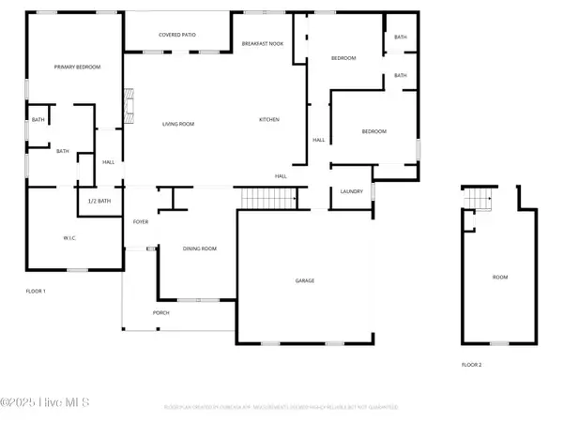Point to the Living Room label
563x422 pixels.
177,123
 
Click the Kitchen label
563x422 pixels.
269,119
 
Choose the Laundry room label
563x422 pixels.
351,191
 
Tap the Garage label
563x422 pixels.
304,280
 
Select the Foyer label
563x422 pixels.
141,222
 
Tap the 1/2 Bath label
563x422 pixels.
99,201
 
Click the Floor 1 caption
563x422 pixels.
36,292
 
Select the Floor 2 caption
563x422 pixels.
471,364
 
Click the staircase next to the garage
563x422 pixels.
269,199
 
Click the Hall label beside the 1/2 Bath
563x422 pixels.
108,161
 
